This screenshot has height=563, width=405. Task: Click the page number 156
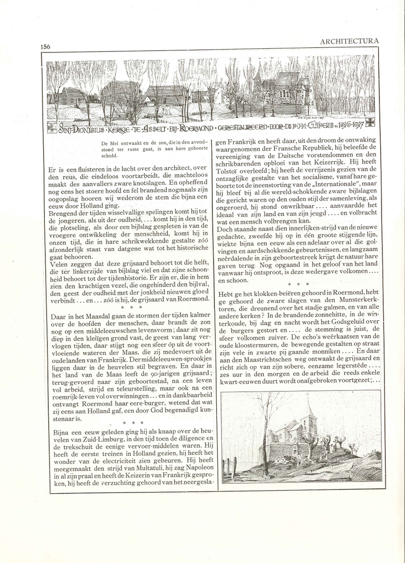click(45, 47)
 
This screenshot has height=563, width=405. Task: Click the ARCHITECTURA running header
click(349, 41)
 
